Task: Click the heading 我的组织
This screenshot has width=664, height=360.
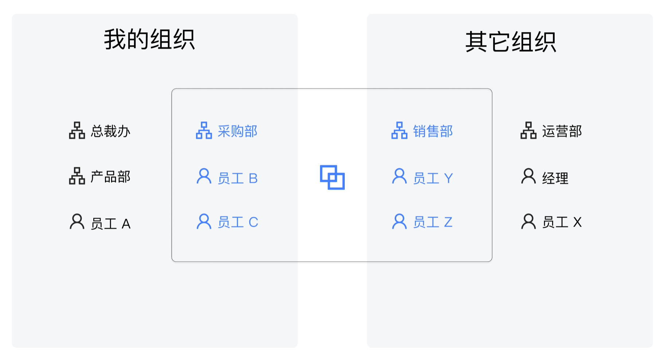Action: pos(149,39)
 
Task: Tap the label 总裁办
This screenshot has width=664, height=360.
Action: pos(110,131)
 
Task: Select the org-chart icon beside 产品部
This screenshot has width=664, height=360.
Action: pos(77,176)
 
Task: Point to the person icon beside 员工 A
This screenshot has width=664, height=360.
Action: pos(77,222)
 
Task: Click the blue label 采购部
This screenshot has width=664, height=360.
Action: pos(238,131)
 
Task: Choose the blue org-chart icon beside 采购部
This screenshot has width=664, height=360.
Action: pos(204,130)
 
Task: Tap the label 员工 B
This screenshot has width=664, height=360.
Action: pos(238,178)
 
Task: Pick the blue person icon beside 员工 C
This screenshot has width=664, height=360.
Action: pos(204,222)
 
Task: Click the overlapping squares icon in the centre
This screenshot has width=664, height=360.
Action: pos(332,177)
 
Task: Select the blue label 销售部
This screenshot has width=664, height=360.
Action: pos(433,131)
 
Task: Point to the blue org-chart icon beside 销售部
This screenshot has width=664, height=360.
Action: pos(399,130)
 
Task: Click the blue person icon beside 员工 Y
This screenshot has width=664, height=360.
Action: pos(399,176)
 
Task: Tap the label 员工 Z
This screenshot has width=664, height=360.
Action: pos(433,222)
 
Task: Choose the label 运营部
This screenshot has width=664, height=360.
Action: pos(562,131)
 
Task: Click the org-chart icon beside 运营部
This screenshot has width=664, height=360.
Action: pos(528,130)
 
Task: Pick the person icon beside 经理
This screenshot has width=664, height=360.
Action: pos(528,176)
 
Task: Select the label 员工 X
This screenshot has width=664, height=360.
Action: pos(562,222)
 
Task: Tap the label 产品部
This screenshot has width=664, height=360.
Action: pos(110,177)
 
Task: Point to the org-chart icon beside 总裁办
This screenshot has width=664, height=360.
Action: pos(77,130)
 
